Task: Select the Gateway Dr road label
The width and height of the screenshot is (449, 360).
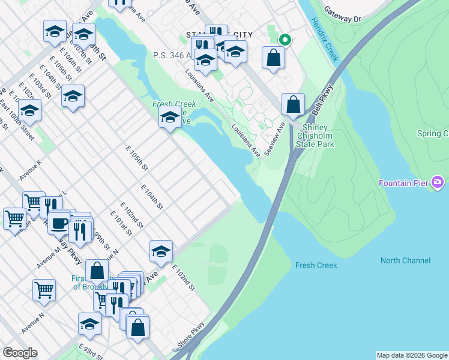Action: click(343, 14)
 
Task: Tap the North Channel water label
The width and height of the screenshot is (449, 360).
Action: click(405, 260)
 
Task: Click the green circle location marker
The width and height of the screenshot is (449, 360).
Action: click(285, 40)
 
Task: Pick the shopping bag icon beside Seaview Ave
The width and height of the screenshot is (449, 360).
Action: click(293, 104)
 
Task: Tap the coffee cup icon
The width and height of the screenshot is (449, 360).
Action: click(59, 223)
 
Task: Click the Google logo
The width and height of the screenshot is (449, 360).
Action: click(20, 353)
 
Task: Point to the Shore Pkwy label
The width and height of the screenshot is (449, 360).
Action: click(191, 336)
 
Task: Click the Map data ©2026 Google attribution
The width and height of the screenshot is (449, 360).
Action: click(412, 355)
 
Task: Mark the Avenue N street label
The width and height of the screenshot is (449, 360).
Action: click(32, 323)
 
